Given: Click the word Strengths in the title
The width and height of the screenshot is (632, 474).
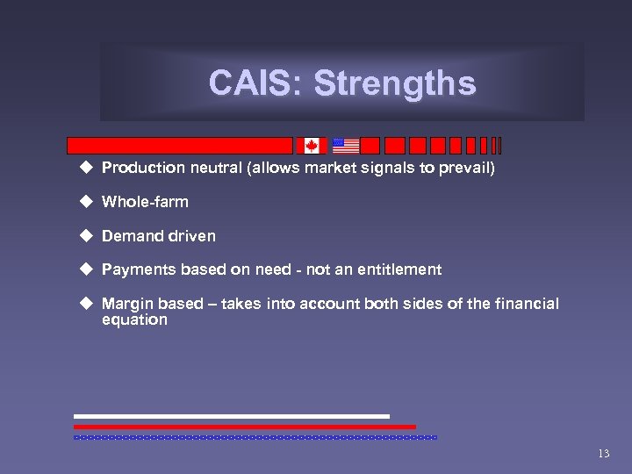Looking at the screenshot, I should click(394, 83).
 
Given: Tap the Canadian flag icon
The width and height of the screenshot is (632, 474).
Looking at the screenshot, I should click(311, 146).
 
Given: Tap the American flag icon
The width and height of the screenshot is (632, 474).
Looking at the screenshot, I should click(346, 146).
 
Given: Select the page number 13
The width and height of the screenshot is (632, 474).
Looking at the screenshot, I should click(602, 454).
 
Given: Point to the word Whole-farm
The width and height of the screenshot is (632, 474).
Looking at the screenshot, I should click(145, 202).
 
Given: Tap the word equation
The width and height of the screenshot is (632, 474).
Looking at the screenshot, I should click(134, 320).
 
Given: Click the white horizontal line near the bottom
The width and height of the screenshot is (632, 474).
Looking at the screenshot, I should click(231, 416).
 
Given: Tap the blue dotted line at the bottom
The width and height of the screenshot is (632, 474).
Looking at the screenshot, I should click(255, 436).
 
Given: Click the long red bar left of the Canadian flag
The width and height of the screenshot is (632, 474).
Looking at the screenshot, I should click(180, 146).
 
